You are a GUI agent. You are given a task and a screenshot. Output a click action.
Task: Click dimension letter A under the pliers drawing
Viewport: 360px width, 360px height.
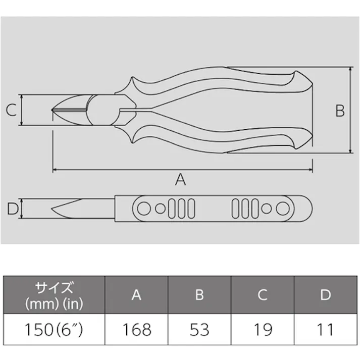(x=180, y=179)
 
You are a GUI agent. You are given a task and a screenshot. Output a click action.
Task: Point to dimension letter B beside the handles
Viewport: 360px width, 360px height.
(x=340, y=110)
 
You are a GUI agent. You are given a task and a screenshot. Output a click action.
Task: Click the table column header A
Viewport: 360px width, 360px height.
(x=136, y=295)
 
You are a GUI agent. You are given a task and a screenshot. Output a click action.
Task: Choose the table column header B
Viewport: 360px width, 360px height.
(x=199, y=295)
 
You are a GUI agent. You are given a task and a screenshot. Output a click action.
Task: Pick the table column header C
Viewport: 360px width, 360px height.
(x=263, y=295)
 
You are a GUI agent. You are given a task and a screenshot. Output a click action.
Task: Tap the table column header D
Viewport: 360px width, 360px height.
(x=326, y=295)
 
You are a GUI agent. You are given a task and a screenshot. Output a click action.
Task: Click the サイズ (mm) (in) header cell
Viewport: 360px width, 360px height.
(x=54, y=295)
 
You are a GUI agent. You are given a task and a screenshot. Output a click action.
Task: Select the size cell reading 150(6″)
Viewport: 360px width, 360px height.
(x=54, y=330)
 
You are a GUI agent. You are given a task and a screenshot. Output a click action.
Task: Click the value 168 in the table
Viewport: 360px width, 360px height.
(x=136, y=330)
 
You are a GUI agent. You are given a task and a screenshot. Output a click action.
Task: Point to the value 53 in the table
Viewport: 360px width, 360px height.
(x=199, y=330)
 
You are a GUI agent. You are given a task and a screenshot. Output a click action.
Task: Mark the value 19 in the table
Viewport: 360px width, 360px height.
(x=263, y=330)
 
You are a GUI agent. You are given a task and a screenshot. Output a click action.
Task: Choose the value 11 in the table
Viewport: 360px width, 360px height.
(x=326, y=330)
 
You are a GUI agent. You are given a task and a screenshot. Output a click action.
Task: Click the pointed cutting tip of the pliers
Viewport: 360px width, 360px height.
(x=54, y=110)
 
